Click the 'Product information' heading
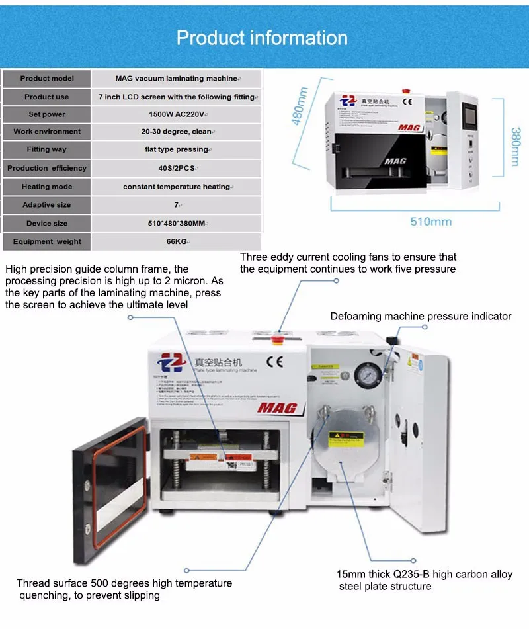click(262, 38)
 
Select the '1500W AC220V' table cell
click(176, 114)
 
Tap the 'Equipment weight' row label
click(47, 242)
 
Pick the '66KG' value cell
click(176, 242)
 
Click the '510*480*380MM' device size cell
click(176, 224)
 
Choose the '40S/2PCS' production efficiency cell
click(176, 169)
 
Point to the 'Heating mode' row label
click(47, 187)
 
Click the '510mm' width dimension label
click(430, 221)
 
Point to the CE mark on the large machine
click(274, 361)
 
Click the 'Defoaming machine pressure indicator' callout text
click(421, 316)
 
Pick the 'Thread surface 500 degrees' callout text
click(124, 583)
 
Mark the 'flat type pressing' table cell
click(176, 149)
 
